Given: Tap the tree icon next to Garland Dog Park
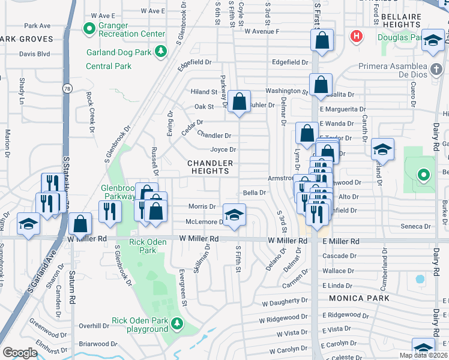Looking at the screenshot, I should tap(160, 52).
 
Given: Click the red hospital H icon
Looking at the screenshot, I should tap(357, 37).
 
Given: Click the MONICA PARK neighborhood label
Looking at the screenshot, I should tap(358, 298).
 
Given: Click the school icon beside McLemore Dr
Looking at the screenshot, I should tap(234, 214).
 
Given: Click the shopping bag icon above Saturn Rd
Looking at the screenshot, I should tap(80, 224).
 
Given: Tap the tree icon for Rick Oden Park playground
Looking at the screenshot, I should tap(177, 324).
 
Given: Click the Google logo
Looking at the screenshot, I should tap(20, 353).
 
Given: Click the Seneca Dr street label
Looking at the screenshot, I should tap(415, 226).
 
